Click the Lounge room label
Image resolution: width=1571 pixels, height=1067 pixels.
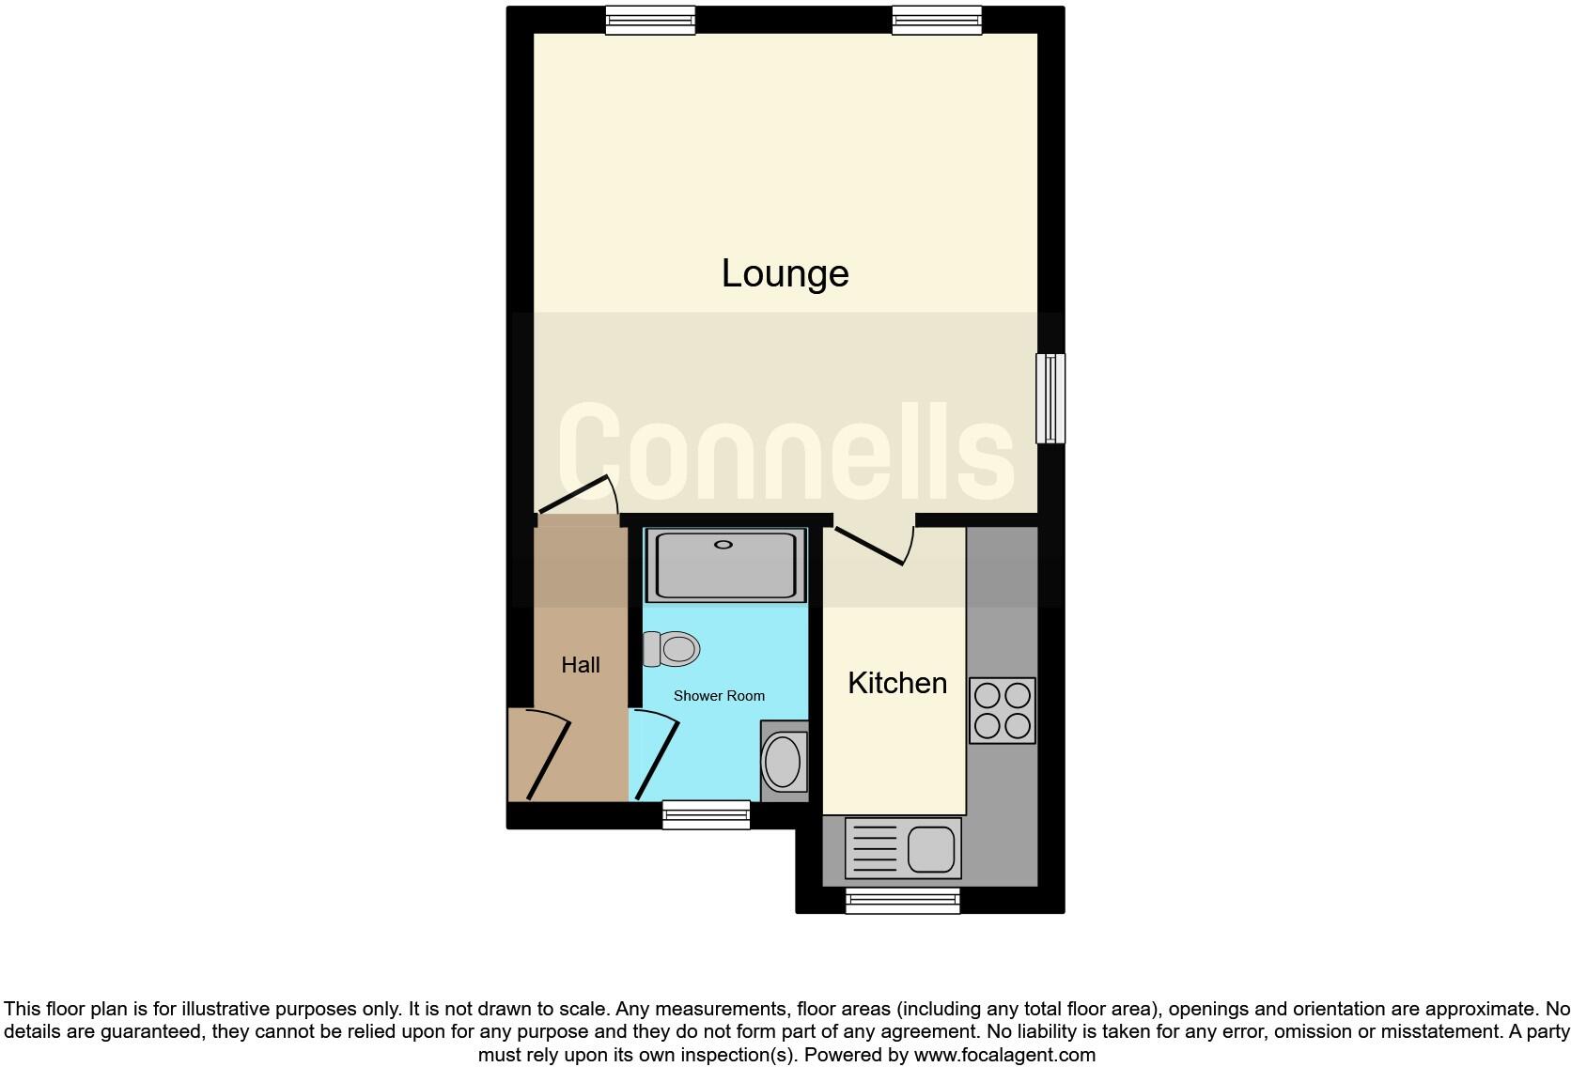pos(785,273)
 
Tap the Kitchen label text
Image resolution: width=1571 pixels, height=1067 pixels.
pos(896,683)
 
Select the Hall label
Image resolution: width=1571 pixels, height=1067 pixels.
pos(580,665)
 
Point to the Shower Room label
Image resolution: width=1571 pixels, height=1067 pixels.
pos(719,696)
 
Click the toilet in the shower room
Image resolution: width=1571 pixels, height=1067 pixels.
pos(673,648)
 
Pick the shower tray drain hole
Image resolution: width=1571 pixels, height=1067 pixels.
pos(723,545)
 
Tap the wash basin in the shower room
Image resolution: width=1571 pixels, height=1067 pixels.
pos(783,761)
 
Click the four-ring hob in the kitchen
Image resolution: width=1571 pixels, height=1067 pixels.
pos(1003,710)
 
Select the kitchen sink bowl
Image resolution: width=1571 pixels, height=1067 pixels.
pos(931,849)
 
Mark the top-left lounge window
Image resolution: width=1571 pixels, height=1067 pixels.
pos(650,20)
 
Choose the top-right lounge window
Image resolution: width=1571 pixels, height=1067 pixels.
pos(936,20)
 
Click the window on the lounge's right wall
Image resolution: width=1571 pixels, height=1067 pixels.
pos(1050,397)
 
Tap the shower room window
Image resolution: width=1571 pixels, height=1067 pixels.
pos(706,814)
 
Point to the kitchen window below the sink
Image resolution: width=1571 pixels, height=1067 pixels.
pos(902,901)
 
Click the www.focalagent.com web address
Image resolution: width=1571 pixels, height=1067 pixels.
pos(1004,1055)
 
